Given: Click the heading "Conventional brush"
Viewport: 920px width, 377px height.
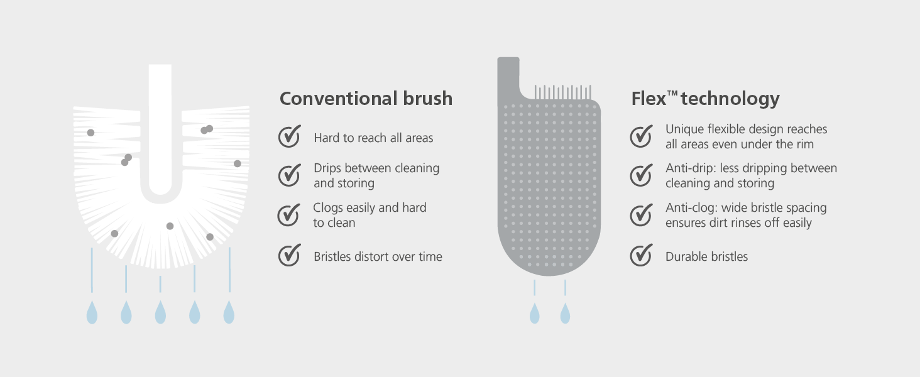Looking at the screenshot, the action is (366, 99).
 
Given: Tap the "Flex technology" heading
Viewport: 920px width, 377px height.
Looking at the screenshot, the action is (705, 99).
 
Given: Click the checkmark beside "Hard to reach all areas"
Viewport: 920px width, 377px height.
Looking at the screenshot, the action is (290, 136).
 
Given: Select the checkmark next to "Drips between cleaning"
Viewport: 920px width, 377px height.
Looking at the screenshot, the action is (290, 175).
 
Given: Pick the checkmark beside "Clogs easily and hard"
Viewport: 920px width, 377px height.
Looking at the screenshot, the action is (288, 215).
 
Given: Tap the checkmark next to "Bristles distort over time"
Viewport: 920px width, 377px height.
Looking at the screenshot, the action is (290, 254).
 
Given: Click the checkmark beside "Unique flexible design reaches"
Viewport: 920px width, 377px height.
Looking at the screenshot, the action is (641, 136).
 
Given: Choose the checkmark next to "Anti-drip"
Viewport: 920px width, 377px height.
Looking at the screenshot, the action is (641, 175).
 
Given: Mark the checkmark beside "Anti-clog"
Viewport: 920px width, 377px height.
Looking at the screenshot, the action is (641, 215).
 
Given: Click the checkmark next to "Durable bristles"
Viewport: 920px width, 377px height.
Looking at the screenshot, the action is (641, 254).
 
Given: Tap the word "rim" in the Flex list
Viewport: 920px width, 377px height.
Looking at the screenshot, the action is (806, 145).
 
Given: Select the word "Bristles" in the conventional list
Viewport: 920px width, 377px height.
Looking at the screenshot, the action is (332, 256).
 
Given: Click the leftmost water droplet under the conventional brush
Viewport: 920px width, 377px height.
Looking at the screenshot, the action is (92, 312).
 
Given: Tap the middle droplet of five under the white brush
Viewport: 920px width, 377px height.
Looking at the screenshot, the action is (160, 312).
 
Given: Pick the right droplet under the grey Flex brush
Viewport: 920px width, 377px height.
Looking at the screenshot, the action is (565, 313).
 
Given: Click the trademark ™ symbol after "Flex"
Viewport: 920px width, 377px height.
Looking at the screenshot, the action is (672, 94).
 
